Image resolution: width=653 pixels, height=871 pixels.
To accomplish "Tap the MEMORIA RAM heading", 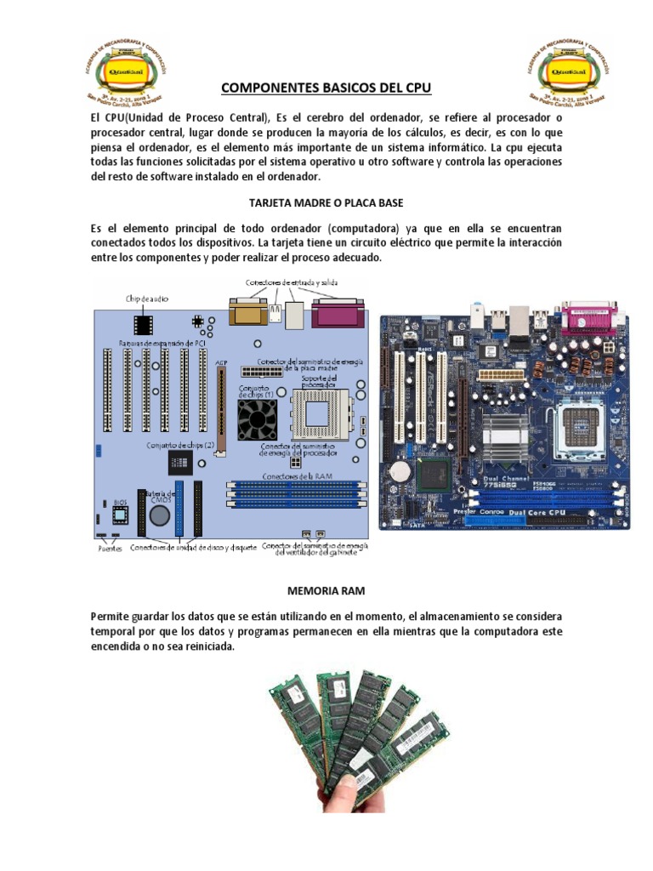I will (326, 589).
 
